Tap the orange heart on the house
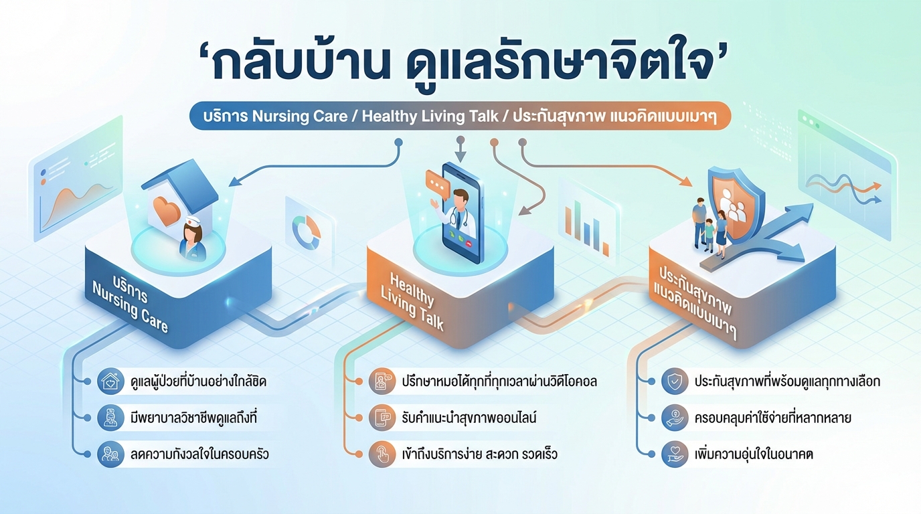pos(167,209)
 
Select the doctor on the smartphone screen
pos(460,213)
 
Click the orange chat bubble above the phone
pos(436,181)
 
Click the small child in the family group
pos(709,234)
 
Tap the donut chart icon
pos(307,231)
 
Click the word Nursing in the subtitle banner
pos(280,116)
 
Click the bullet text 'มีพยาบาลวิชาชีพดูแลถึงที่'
pos(195,418)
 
